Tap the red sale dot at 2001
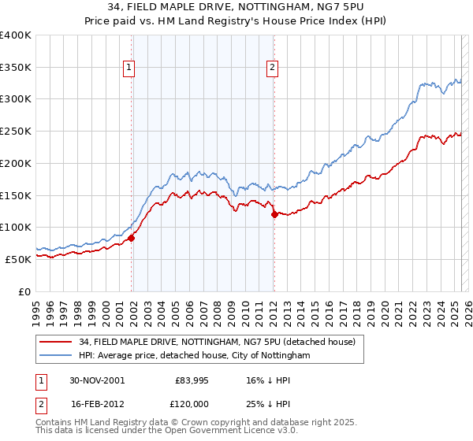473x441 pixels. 132,238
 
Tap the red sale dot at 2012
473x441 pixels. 274,214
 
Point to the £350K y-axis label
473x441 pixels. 16,67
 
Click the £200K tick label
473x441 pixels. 16,163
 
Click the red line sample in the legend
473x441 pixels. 55,342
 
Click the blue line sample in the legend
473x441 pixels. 55,355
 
